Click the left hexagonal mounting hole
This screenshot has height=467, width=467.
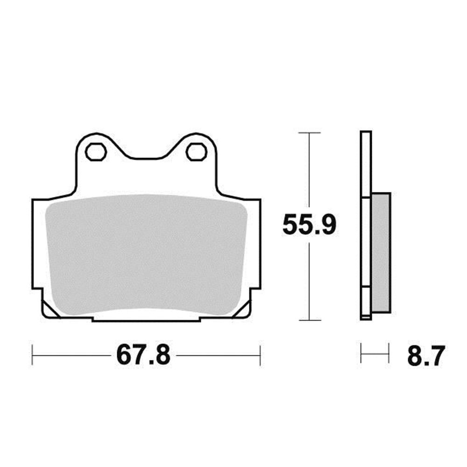point(96,151)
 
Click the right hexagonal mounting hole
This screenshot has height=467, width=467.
point(197,151)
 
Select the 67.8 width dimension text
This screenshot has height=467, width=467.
point(143,356)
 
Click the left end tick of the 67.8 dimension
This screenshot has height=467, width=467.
point(32,355)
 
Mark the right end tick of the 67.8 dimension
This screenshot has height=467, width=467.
point(260,355)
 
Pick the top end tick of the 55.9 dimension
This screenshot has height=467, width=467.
point(309,133)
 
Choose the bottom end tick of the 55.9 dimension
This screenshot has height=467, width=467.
point(309,320)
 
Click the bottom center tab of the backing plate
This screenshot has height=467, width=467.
point(146,319)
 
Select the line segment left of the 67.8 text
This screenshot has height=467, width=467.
point(72,355)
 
